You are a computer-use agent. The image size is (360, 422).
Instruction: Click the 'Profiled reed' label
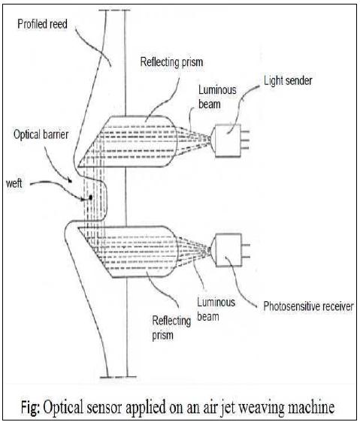click(42, 24)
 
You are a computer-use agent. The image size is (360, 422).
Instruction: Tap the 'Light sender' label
click(288, 80)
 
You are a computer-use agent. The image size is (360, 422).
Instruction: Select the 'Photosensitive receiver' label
click(308, 306)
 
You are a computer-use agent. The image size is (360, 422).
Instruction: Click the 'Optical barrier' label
click(41, 134)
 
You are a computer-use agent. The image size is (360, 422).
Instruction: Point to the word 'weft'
click(14, 183)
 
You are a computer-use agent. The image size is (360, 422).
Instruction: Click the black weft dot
click(90, 197)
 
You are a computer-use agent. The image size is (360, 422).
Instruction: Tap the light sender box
click(228, 140)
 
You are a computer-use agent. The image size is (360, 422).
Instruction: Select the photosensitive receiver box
click(228, 250)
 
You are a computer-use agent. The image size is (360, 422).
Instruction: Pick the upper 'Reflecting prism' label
click(171, 62)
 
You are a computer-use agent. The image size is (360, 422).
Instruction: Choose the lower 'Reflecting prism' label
click(171, 328)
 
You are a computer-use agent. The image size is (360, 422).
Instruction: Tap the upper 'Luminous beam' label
click(217, 97)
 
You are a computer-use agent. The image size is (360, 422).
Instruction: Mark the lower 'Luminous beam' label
click(216, 309)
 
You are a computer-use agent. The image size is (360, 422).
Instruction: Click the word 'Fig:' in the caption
click(31, 408)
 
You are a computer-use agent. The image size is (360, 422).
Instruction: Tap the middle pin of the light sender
click(245, 140)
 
